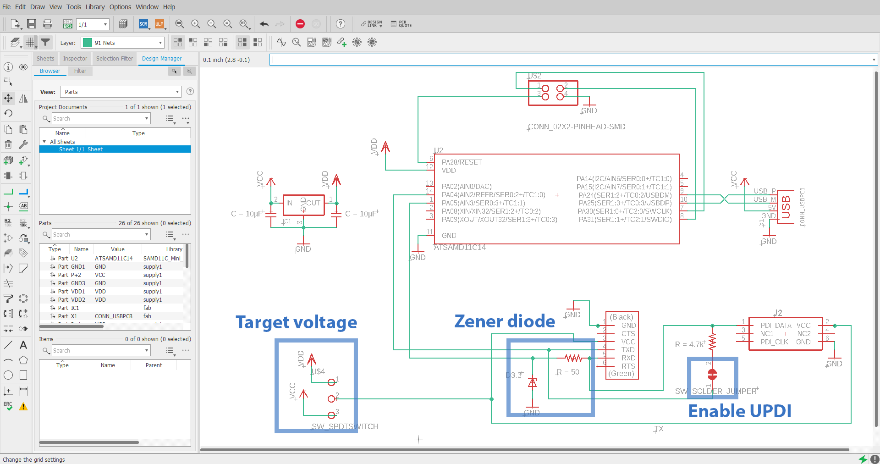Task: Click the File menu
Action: click(x=6, y=7)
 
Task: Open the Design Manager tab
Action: click(x=161, y=59)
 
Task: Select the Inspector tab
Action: click(x=75, y=59)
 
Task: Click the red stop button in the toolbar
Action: click(x=300, y=24)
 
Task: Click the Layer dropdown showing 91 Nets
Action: click(x=122, y=43)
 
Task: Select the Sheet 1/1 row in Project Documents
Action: click(x=81, y=149)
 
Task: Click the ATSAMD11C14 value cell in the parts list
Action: click(x=114, y=259)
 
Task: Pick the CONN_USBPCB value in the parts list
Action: click(x=114, y=316)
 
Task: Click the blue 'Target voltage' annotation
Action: click(x=296, y=322)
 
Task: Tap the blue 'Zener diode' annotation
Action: click(x=505, y=321)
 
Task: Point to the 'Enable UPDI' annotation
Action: click(x=740, y=411)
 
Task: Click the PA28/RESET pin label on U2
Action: click(x=462, y=162)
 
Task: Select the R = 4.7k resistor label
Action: click(x=689, y=344)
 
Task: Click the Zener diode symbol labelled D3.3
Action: click(x=532, y=382)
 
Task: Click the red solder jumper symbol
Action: click(x=712, y=375)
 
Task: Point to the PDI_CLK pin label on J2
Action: click(x=774, y=342)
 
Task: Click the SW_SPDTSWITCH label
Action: click(x=345, y=426)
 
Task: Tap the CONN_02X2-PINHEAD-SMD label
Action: click(x=577, y=127)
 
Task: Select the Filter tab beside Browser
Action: click(x=80, y=71)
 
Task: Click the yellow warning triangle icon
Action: click(x=23, y=407)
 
